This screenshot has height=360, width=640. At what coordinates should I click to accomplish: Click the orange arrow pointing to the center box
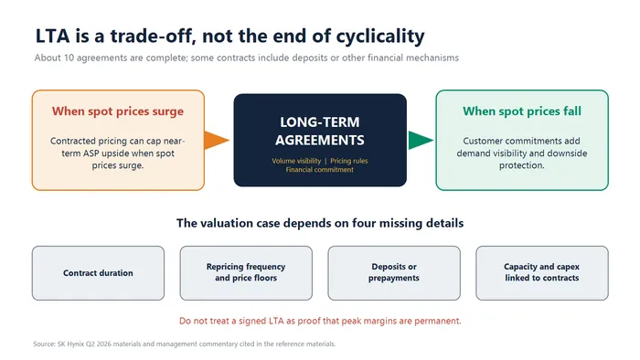pyautogui.click(x=216, y=140)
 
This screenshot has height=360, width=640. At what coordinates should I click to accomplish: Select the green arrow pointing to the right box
pyautogui.click(x=420, y=140)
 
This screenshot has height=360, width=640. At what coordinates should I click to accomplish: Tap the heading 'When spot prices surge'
pyautogui.click(x=118, y=111)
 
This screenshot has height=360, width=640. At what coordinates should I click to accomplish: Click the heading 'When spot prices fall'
pyautogui.click(x=522, y=111)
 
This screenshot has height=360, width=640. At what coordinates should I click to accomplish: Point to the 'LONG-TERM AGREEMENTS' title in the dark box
pyautogui.click(x=320, y=131)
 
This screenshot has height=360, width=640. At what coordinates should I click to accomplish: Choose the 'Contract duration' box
pyautogui.click(x=98, y=273)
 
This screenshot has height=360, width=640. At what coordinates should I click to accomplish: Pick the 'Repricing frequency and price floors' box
pyautogui.click(x=246, y=273)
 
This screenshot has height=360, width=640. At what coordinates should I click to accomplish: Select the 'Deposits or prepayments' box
pyautogui.click(x=394, y=273)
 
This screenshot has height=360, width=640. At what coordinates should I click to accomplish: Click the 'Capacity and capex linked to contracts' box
pyautogui.click(x=542, y=273)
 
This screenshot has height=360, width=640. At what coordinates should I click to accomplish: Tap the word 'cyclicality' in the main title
pyautogui.click(x=380, y=37)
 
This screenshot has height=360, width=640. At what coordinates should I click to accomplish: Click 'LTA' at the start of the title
pyautogui.click(x=53, y=36)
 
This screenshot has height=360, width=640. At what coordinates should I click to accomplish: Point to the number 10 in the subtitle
pyautogui.click(x=69, y=58)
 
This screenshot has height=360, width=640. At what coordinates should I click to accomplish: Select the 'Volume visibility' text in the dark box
pyautogui.click(x=296, y=161)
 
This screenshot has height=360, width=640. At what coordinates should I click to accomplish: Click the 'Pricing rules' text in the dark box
pyautogui.click(x=349, y=161)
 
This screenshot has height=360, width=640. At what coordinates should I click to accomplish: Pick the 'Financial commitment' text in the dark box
pyautogui.click(x=320, y=170)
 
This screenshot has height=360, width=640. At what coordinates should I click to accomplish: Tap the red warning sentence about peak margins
pyautogui.click(x=320, y=321)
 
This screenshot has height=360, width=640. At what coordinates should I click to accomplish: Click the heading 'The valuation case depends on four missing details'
pyautogui.click(x=320, y=223)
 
